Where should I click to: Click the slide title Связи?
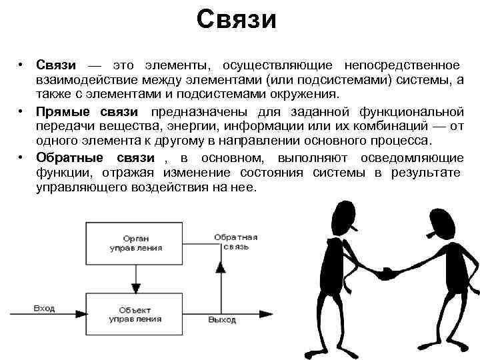(236, 19)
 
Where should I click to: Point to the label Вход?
(44, 309)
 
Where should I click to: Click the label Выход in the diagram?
(221, 320)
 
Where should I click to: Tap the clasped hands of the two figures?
(385, 273)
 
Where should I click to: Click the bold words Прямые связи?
(87, 111)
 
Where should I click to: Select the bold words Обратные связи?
(95, 158)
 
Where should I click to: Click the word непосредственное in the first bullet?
(401, 65)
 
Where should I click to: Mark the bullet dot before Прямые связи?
(22, 111)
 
